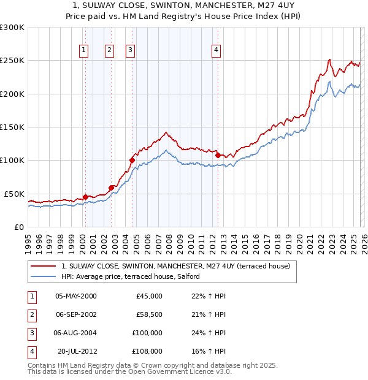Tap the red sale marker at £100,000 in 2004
[x=132, y=161]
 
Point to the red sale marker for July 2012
[x=218, y=155]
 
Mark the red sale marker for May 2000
[x=85, y=197]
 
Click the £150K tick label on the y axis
[x=12, y=127]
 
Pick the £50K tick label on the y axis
[x=14, y=194]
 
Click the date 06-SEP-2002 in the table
[x=75, y=314]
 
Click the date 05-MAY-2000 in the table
[x=75, y=296]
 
